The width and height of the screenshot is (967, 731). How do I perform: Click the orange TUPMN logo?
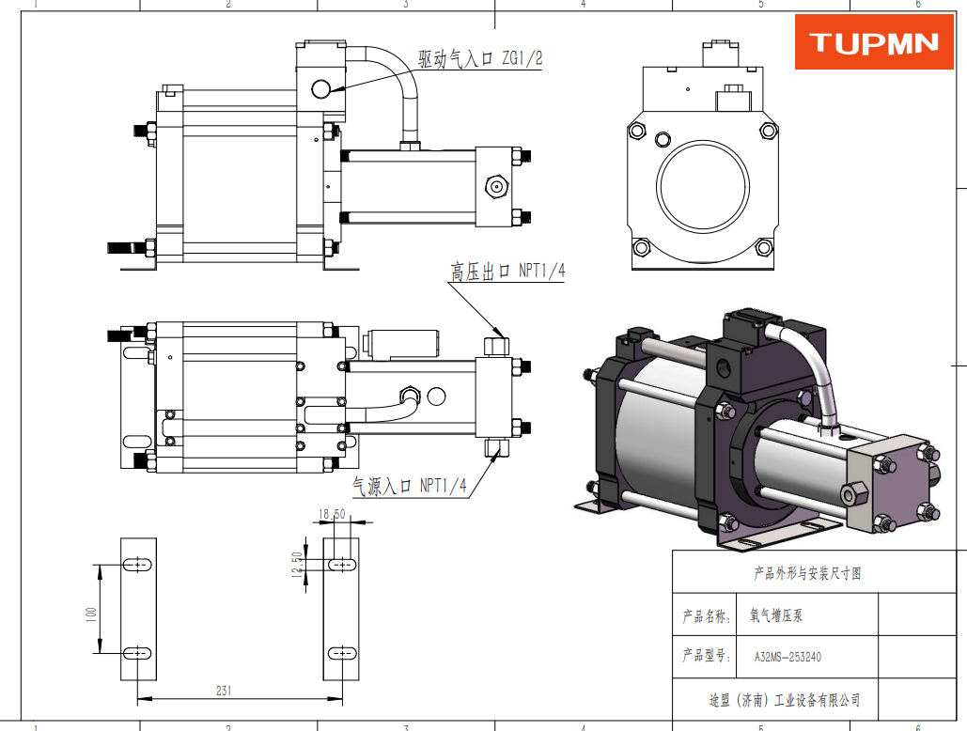click(874, 42)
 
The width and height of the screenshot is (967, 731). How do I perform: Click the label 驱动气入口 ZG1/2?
click(480, 59)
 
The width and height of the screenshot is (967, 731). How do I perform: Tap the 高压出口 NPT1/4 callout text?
click(507, 272)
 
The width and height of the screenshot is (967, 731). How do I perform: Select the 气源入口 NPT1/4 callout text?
click(409, 486)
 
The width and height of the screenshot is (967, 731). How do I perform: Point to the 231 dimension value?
click(224, 691)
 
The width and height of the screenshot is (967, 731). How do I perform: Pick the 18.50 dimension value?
click(333, 514)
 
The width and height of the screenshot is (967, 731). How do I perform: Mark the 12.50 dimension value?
click(297, 567)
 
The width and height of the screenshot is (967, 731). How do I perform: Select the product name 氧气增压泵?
click(776, 616)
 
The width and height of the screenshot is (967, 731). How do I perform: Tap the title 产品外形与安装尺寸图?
click(807, 573)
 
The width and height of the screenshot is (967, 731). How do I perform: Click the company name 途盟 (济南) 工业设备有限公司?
click(784, 700)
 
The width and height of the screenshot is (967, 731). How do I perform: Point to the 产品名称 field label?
click(706, 617)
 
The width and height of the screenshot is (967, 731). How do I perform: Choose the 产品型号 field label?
click(706, 657)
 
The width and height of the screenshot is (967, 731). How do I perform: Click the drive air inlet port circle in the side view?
click(320, 89)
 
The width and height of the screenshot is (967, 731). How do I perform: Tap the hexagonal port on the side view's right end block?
click(496, 185)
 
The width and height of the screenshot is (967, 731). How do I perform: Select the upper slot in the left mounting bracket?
click(138, 564)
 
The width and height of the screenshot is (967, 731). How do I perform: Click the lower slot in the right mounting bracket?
click(341, 652)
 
